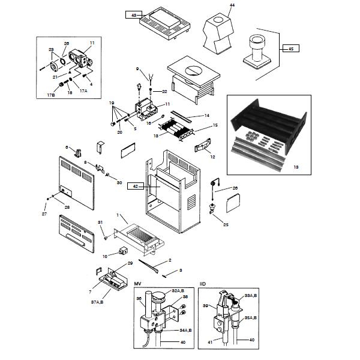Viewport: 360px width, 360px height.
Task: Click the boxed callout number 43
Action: [134, 14]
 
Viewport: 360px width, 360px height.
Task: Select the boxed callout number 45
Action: [291, 48]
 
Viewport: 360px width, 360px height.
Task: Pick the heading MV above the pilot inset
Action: [137, 283]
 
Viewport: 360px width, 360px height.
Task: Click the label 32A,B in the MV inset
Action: [178, 289]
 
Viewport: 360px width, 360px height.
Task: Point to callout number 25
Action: [226, 225]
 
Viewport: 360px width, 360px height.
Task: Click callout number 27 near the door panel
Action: [44, 214]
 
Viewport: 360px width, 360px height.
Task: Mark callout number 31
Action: [100, 222]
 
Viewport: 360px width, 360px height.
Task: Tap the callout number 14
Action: [206, 115]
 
